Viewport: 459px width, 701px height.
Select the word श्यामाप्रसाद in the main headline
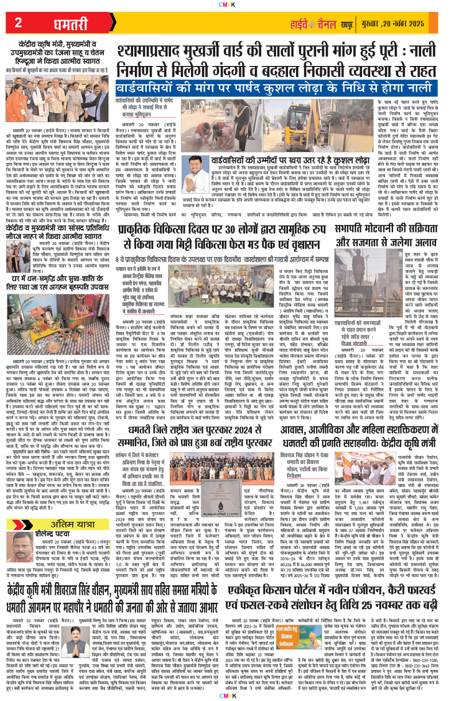[x=166, y=54]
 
